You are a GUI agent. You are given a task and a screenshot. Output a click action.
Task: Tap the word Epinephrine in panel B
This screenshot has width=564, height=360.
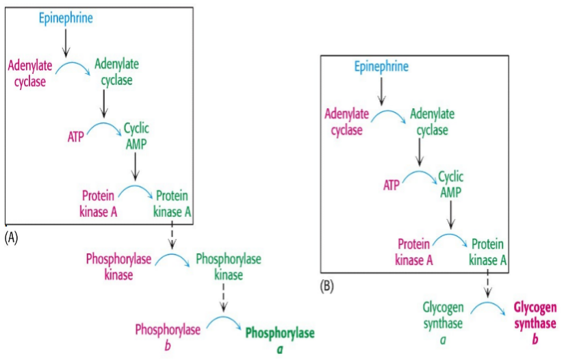coord(381,66)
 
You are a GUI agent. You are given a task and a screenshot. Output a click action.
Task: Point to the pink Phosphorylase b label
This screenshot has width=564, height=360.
coord(168,336)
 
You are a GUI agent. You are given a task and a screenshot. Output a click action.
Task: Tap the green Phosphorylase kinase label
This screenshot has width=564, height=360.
coord(228,266)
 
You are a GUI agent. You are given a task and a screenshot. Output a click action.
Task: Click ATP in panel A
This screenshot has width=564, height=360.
coord(75,137)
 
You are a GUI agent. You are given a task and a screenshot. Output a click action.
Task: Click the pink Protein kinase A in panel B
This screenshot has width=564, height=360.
coord(415,251)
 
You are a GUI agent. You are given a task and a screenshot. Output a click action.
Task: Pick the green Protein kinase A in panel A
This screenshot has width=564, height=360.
coord(172,203)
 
